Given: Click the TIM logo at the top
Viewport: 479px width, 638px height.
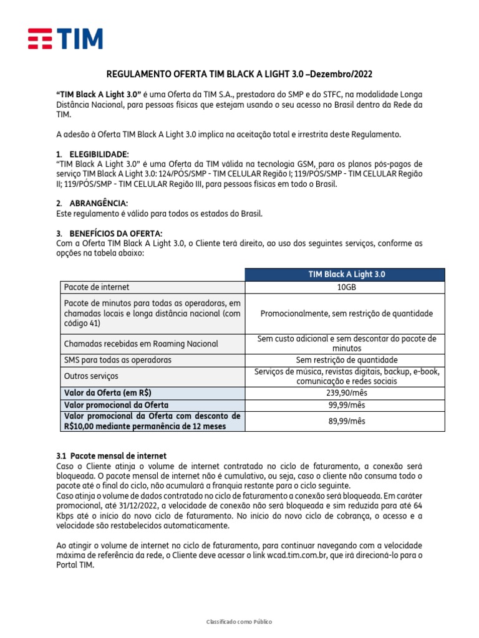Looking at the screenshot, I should pyautogui.click(x=65, y=39).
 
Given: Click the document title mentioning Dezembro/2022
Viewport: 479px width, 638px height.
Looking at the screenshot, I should pyautogui.click(x=239, y=74).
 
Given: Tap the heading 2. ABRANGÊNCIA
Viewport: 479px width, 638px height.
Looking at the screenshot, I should pyautogui.click(x=92, y=204).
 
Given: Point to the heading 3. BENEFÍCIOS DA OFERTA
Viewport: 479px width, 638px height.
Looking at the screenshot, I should pyautogui.click(x=109, y=233).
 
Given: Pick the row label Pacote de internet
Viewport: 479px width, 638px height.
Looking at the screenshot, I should pyautogui.click(x=97, y=287).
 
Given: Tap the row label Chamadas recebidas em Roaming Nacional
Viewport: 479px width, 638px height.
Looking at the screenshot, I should pyautogui.click(x=141, y=344).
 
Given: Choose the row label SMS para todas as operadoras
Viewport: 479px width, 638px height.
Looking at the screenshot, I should pyautogui.click(x=118, y=360).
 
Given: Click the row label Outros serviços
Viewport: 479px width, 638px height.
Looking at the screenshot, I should pyautogui.click(x=91, y=376).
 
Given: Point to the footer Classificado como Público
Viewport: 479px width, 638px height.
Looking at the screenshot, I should pyautogui.click(x=239, y=622).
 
